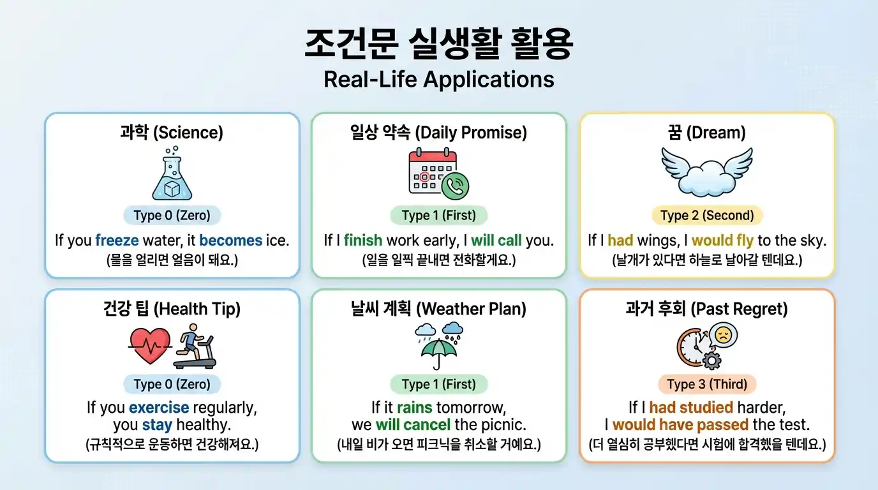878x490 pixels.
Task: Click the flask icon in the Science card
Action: click(172, 173)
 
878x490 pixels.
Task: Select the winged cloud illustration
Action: click(706, 171)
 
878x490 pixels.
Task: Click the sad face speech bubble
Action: click(723, 335)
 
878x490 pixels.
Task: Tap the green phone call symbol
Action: click(456, 185)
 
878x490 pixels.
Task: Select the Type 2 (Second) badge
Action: click(706, 215)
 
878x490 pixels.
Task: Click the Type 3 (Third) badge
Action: click(706, 384)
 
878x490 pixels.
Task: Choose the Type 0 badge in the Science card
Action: click(172, 215)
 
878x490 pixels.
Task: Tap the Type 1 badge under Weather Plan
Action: click(438, 384)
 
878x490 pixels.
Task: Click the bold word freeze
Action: click(117, 241)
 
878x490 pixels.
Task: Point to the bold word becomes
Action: click(230, 241)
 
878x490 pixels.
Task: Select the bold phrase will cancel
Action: click(413, 424)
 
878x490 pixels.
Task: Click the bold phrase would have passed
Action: click(680, 424)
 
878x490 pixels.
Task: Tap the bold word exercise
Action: click(159, 408)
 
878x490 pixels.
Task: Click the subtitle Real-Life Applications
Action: click(438, 79)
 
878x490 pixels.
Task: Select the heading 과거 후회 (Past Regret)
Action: click(706, 309)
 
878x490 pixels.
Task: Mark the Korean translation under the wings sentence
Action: click(706, 260)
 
